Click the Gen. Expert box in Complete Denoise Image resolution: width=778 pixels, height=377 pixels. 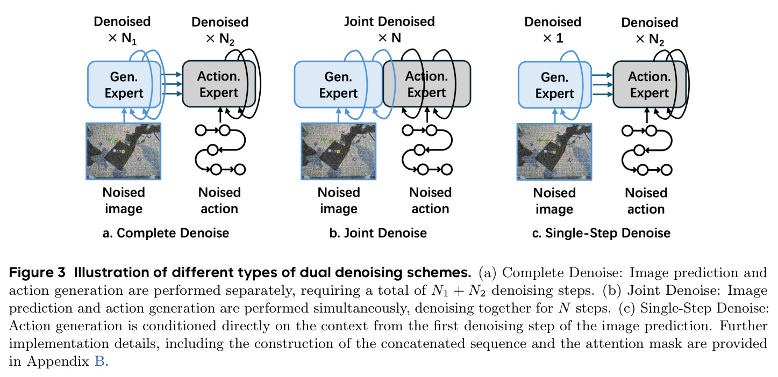coord(124,85)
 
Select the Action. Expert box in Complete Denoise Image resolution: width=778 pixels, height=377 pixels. coord(219,84)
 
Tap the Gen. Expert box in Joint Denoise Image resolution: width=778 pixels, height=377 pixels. coord(338,85)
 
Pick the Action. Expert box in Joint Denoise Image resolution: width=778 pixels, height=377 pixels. coord(426,84)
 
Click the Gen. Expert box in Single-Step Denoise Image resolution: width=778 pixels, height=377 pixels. coord(555,85)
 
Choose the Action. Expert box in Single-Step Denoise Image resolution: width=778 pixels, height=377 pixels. coord(649,84)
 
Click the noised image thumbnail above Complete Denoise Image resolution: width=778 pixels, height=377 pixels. coord(124,151)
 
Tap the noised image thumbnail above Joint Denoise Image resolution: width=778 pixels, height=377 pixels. coord(339,151)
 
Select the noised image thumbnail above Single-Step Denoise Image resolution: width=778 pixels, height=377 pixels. coord(554,151)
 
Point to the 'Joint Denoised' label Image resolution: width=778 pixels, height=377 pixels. coord(389,21)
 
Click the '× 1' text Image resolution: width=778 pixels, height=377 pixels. coord(553,38)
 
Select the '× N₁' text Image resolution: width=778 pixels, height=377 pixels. coord(123,39)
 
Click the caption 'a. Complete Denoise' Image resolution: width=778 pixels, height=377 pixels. coord(166,233)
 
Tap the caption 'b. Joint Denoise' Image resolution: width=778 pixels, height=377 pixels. coord(378,233)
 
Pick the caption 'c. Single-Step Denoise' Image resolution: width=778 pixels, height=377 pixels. coord(601,233)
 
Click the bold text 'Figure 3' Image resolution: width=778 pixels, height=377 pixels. coord(37,273)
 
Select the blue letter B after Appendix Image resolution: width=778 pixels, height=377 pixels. coord(99,361)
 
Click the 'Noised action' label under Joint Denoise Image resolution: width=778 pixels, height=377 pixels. coord(430,200)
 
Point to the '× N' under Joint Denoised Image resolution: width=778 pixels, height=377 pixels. coord(390,38)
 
